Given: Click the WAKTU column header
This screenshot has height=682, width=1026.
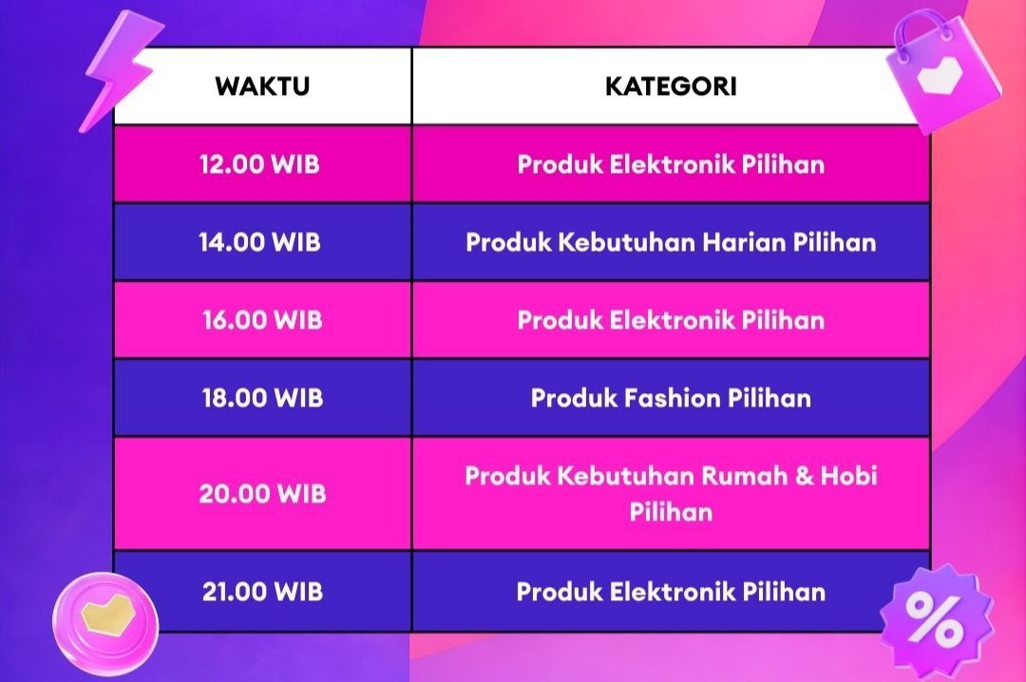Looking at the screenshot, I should pyautogui.click(x=262, y=86).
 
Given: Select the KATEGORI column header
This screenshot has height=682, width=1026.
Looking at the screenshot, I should pyautogui.click(x=671, y=86).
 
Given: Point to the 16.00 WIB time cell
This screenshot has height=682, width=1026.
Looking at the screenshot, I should pyautogui.click(x=262, y=320).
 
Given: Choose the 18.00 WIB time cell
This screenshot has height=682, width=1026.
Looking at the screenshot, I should pyautogui.click(x=262, y=398).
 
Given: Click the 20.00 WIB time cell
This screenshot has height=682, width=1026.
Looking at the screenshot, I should pyautogui.click(x=262, y=494).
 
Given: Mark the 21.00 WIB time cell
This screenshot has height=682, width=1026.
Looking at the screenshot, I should pyautogui.click(x=262, y=592).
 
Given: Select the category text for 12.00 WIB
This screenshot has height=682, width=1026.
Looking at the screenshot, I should pyautogui.click(x=671, y=164).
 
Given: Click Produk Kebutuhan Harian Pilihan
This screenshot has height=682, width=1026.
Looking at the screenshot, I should pyautogui.click(x=671, y=242).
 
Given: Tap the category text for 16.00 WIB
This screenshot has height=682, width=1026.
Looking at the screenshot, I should pyautogui.click(x=671, y=320).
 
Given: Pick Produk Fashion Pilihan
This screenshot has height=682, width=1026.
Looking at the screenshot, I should pyautogui.click(x=671, y=398).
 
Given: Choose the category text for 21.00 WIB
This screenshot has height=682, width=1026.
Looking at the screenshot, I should pyautogui.click(x=671, y=592).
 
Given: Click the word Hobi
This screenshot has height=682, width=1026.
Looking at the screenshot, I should pyautogui.click(x=849, y=475).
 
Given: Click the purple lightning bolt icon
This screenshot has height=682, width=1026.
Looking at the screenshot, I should pyautogui.click(x=119, y=71).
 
